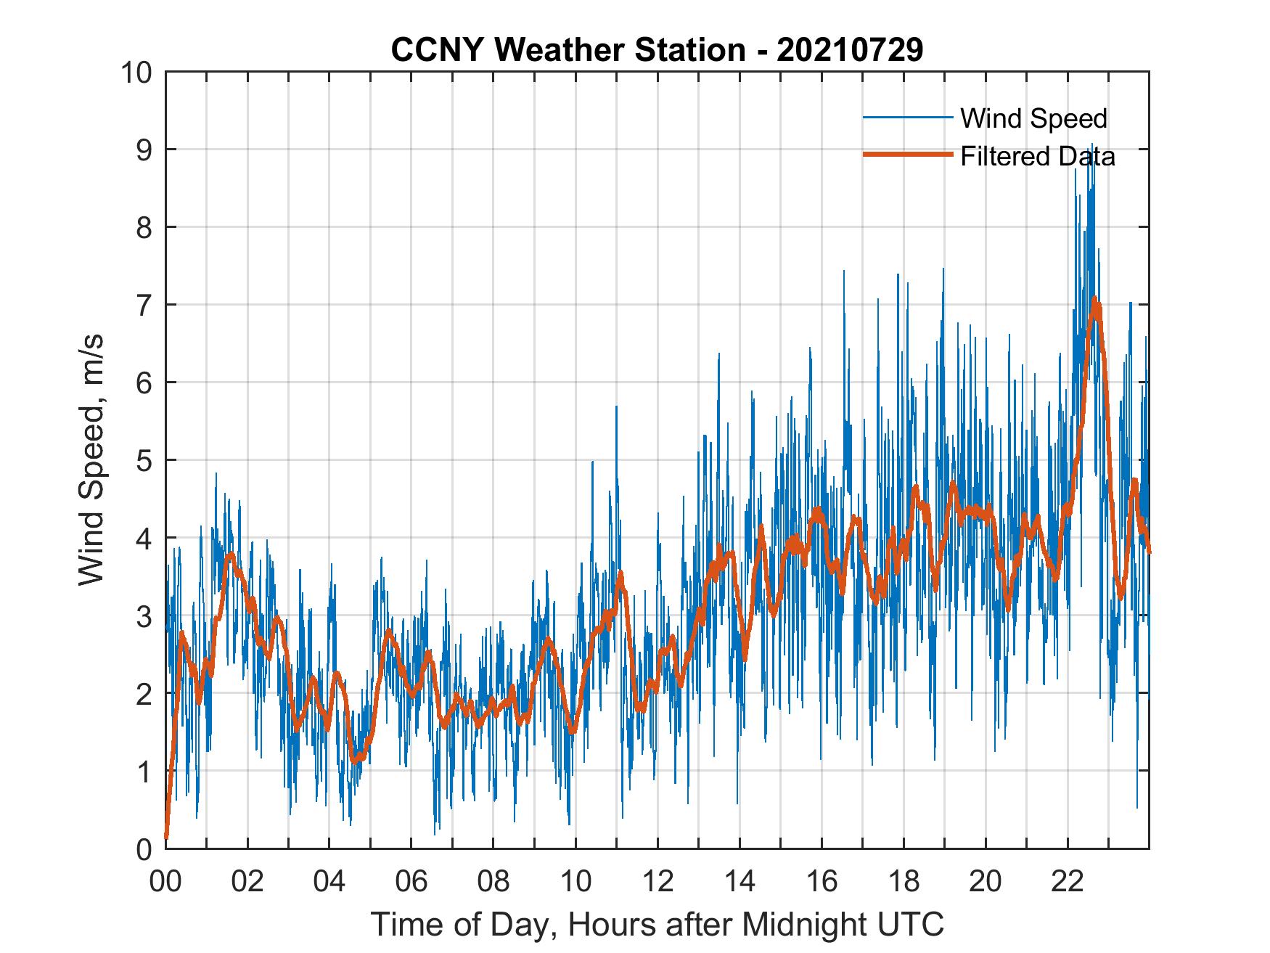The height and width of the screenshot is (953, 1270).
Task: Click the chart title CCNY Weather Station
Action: click(657, 50)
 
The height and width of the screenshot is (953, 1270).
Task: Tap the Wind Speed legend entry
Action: click(1033, 118)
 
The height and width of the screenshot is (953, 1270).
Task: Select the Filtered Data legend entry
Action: click(1037, 156)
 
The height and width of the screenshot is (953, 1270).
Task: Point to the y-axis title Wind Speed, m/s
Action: click(91, 459)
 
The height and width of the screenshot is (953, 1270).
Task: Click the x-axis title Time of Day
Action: click(657, 924)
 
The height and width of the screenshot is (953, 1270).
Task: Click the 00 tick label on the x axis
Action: click(165, 881)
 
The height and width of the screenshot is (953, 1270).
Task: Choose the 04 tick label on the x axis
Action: click(329, 881)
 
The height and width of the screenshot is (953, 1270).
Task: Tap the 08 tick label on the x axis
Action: click(493, 881)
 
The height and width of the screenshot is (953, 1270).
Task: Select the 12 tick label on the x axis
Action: click(657, 881)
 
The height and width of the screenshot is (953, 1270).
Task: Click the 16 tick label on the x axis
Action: click(822, 881)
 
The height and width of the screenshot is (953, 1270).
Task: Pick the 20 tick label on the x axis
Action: click(986, 881)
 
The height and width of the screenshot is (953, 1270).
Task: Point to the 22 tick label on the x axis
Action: click(1068, 881)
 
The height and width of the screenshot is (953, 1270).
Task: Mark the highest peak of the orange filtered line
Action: click(1094, 298)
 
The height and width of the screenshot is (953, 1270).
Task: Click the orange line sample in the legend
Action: click(907, 155)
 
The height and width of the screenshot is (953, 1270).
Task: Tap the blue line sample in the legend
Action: click(907, 118)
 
